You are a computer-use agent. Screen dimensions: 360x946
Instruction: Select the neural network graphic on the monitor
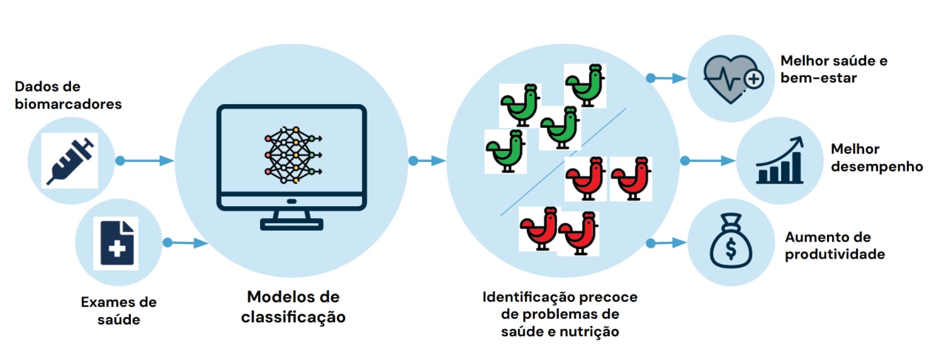coord(291,155)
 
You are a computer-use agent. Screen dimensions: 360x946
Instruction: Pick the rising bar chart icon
coord(779,160)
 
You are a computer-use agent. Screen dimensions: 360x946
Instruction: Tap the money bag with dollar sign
coord(729,242)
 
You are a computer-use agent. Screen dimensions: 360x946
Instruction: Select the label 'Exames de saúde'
coord(118,310)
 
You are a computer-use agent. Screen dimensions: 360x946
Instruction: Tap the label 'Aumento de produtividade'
coord(834,245)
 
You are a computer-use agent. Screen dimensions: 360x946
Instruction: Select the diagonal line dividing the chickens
coord(562,163)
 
